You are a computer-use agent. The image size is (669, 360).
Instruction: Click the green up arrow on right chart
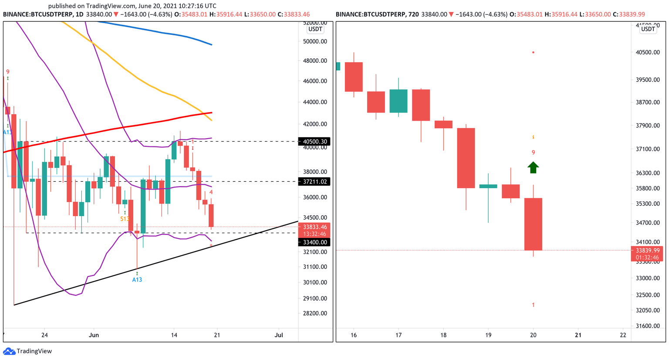(x=533, y=167)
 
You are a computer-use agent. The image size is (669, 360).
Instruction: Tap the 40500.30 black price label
(x=314, y=142)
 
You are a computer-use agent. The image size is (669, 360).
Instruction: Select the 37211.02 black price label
(x=314, y=182)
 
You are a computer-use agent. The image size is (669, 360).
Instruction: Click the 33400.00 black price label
(x=314, y=242)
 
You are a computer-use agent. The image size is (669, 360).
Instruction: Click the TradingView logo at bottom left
(x=27, y=351)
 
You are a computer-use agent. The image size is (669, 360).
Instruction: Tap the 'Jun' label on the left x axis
(x=94, y=335)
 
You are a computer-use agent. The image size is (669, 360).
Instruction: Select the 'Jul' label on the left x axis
(x=279, y=335)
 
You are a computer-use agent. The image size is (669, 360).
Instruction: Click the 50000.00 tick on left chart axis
(x=315, y=42)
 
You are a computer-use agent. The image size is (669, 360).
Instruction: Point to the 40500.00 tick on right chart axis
(x=648, y=52)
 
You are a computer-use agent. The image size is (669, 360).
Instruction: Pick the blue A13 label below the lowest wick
(x=137, y=280)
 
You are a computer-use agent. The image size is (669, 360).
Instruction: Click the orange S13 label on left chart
(x=125, y=219)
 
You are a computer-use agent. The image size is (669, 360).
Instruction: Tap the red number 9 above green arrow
(x=533, y=153)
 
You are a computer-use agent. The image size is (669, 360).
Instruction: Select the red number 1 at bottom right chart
(x=533, y=305)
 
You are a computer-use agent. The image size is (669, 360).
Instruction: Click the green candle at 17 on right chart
(x=399, y=101)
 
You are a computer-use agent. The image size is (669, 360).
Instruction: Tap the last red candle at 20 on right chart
(x=533, y=224)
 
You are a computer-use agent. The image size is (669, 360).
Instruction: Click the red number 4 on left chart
(x=211, y=192)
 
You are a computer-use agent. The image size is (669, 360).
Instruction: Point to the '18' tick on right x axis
(x=443, y=335)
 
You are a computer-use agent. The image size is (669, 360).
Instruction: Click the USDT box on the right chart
(x=648, y=29)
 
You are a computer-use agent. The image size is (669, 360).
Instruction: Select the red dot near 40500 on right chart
(x=533, y=52)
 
